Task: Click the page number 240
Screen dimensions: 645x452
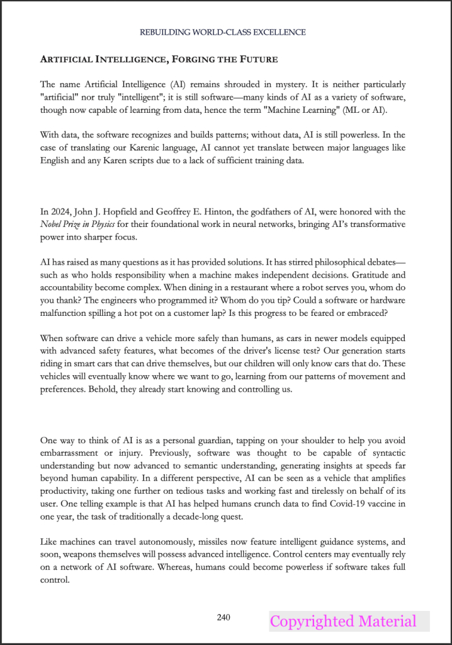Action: [x=223, y=618]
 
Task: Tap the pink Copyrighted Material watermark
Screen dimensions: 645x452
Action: [x=343, y=622]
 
